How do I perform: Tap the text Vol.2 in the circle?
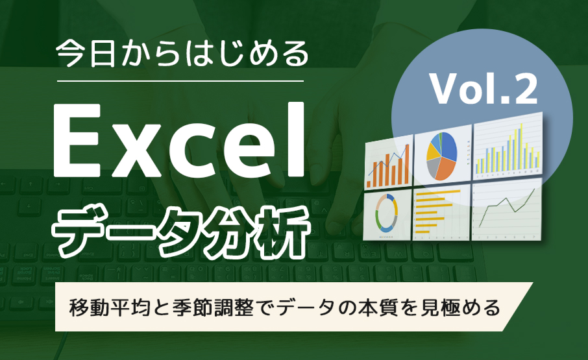click(484, 89)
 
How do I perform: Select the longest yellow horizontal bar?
click(439, 193)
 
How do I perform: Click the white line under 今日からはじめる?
click(180, 81)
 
